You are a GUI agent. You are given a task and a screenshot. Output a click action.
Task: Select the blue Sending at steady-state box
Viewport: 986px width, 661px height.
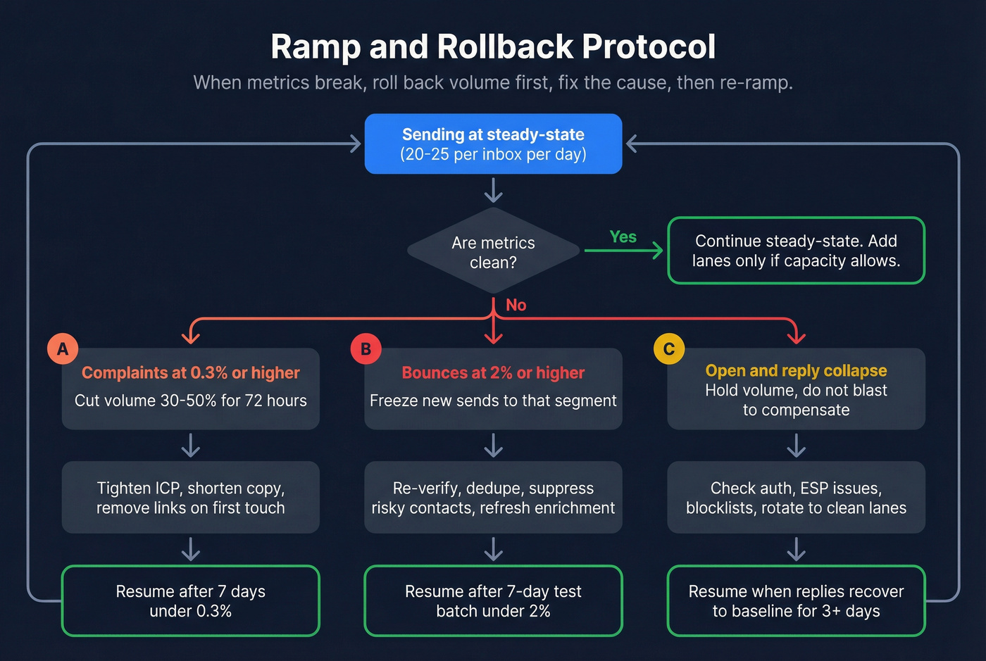coord(493,144)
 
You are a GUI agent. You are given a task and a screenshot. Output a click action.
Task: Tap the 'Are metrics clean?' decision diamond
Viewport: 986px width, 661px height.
coord(493,251)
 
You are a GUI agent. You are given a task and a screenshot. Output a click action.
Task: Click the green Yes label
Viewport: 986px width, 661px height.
coord(623,237)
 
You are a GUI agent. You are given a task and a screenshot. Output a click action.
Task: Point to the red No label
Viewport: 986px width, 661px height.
coord(516,305)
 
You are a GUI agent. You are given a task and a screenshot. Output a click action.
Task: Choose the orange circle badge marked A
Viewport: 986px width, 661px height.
coord(63,349)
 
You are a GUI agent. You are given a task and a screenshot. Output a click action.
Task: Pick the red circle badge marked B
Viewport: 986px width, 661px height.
coord(366,349)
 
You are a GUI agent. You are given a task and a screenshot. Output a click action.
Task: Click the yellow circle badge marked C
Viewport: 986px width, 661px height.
coord(668,349)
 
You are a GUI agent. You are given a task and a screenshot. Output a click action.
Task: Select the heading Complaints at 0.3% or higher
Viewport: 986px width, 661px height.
coord(190,373)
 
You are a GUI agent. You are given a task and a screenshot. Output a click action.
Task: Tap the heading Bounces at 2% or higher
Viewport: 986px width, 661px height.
coord(493,373)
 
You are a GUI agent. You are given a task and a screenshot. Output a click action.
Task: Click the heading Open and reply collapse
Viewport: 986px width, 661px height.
coord(796,370)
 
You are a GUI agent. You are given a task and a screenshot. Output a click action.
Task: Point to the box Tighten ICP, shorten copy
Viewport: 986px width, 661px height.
coord(190,498)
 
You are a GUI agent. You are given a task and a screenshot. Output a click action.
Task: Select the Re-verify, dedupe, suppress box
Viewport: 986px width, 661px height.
coord(493,498)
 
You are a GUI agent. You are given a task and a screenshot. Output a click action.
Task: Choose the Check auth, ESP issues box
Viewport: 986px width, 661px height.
coord(796,498)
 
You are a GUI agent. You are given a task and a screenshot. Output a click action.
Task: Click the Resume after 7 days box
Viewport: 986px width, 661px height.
coord(190,601)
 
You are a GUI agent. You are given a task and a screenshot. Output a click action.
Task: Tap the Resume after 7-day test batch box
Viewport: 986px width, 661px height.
coord(493,601)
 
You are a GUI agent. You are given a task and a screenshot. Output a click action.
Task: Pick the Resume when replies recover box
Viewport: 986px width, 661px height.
coord(796,601)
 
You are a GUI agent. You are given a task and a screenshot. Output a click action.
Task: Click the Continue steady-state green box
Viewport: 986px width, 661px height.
coord(796,251)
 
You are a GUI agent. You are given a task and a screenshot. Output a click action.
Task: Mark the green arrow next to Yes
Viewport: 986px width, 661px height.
coord(624,251)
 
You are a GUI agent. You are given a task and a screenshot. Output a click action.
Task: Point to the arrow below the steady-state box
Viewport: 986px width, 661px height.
coord(493,190)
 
